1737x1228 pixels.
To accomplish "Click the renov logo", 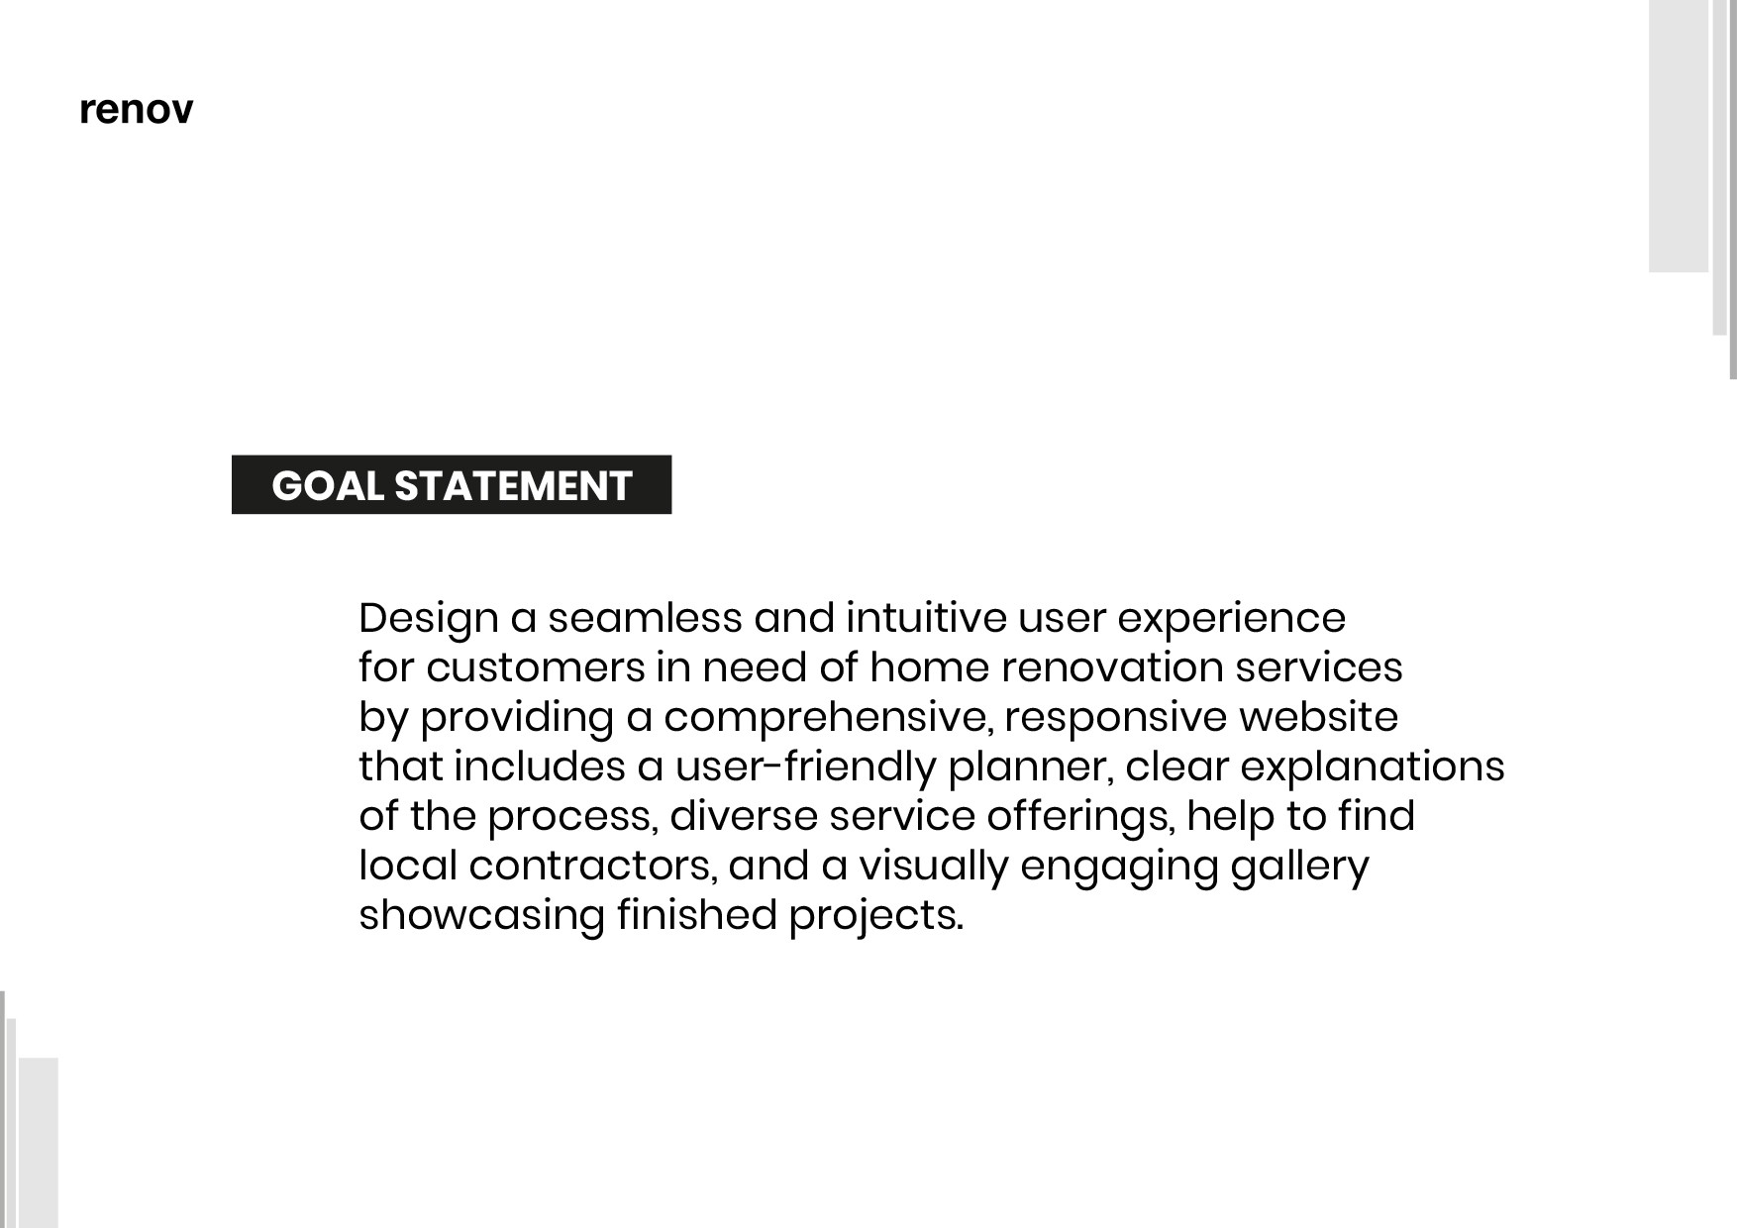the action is tap(136, 110).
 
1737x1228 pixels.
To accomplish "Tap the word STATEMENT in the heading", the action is tap(513, 486).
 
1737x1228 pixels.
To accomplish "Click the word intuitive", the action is tap(926, 618).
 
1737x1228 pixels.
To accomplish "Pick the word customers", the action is tap(536, 668).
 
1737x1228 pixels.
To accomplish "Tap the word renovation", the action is tap(1112, 667).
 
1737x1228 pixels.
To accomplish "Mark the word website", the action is tap(1319, 717).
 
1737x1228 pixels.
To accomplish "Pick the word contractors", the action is tap(592, 867).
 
